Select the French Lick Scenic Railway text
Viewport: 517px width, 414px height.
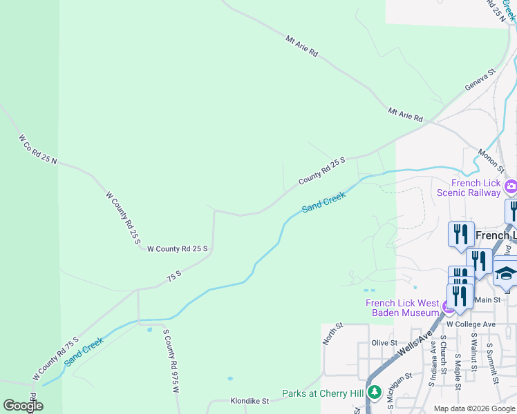[x=476, y=188]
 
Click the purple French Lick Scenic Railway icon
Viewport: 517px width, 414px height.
[x=511, y=186]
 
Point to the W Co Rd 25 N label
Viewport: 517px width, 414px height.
[x=37, y=150]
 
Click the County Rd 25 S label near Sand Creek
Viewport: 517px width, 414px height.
[x=321, y=171]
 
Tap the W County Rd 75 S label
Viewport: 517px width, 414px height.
[x=56, y=359]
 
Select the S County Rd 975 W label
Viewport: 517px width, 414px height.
[x=171, y=361]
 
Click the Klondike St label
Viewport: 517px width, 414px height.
[x=250, y=400]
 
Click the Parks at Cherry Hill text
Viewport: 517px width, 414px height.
[x=323, y=394]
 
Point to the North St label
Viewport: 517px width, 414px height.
[x=333, y=334]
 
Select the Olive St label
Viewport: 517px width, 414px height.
[x=384, y=342]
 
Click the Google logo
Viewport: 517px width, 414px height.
[x=23, y=406]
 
